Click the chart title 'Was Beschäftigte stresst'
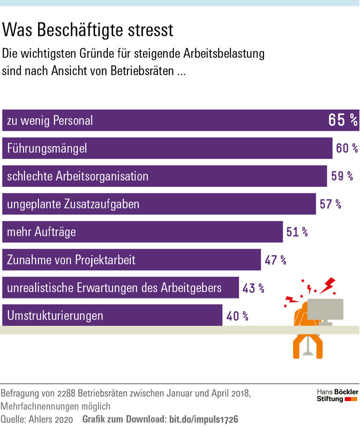click(x=88, y=30)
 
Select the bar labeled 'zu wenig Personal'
click(x=180, y=120)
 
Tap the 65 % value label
click(x=343, y=120)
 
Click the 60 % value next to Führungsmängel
click(x=347, y=149)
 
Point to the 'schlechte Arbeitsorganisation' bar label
click(x=77, y=176)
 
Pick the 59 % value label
click(x=342, y=176)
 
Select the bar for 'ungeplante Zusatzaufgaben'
click(x=159, y=204)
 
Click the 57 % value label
click(x=330, y=204)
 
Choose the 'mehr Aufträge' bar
click(x=142, y=232)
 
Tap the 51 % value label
click(x=297, y=232)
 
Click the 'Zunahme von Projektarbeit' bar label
click(x=71, y=260)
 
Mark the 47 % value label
click(x=275, y=260)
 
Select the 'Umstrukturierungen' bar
click(x=112, y=315)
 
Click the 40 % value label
click(x=237, y=315)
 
